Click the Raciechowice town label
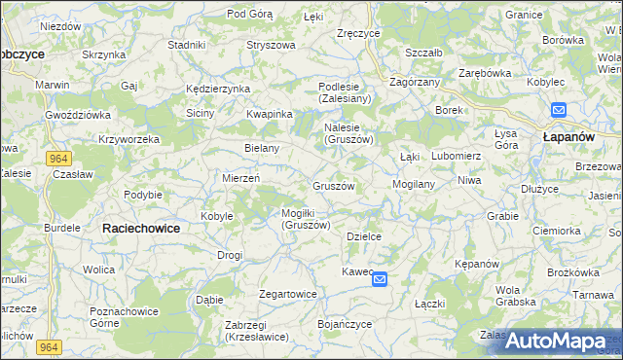pos(141,227)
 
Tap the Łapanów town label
pos(568,138)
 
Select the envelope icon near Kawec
pos(380,279)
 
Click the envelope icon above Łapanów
pos(558,110)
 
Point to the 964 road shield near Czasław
pos(56,158)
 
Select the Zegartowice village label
pos(288,294)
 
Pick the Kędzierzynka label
pos(218,89)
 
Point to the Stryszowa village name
pos(271,45)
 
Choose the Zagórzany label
pos(416,84)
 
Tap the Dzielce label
pos(363,236)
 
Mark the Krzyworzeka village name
pos(128,139)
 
